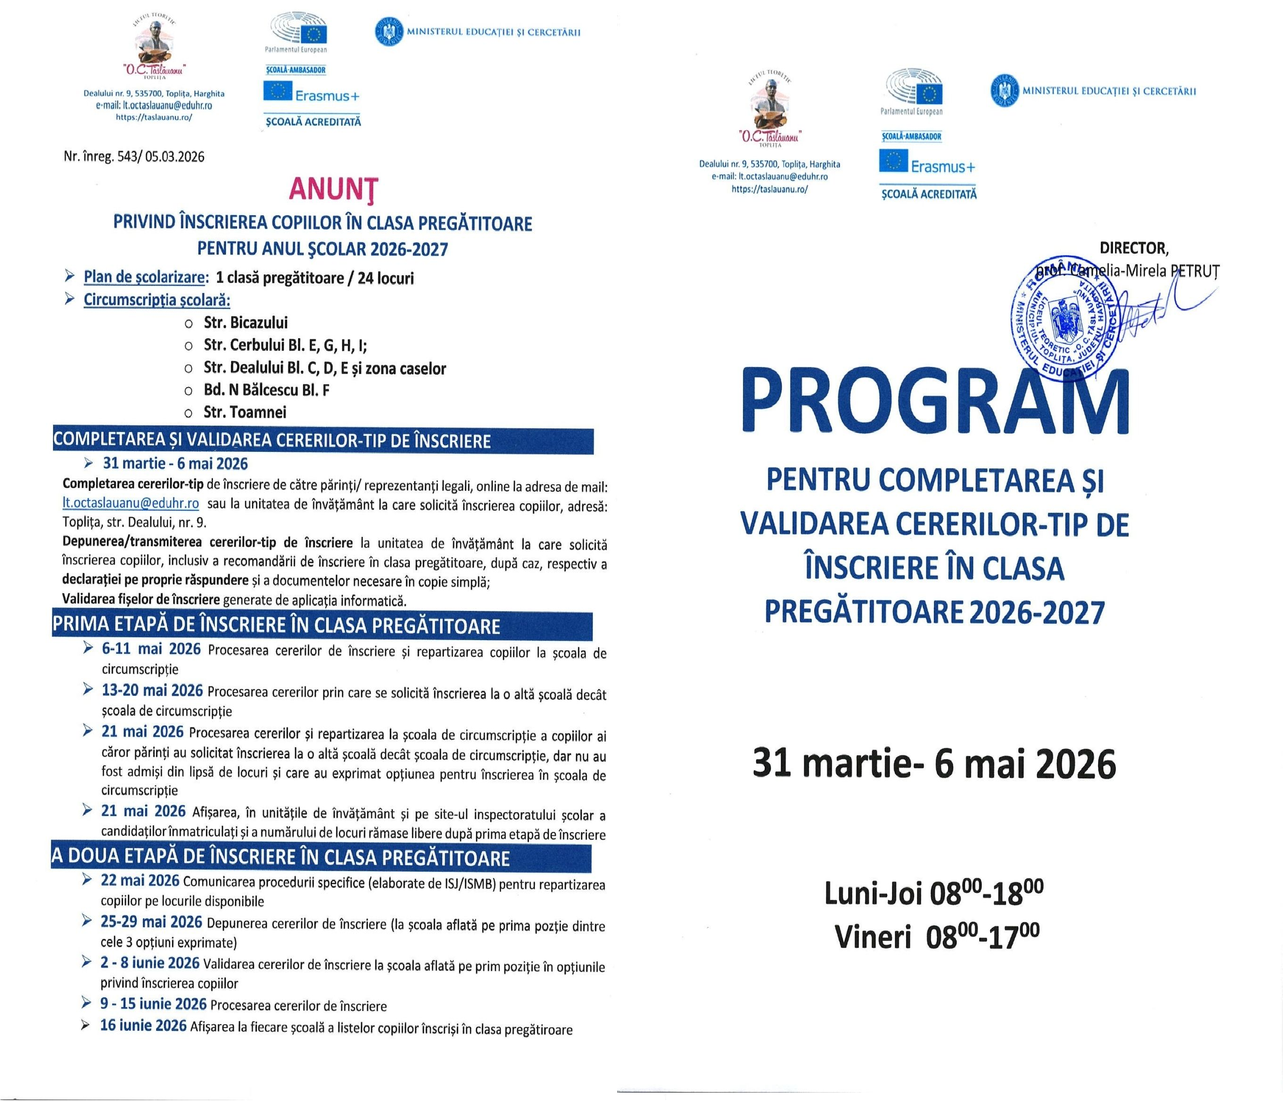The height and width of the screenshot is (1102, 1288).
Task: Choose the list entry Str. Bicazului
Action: [x=246, y=323]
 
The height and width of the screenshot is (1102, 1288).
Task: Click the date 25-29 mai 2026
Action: [x=151, y=922]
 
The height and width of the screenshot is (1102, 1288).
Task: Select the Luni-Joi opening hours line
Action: [x=933, y=893]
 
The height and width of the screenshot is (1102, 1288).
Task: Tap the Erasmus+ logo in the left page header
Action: [x=311, y=94]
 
